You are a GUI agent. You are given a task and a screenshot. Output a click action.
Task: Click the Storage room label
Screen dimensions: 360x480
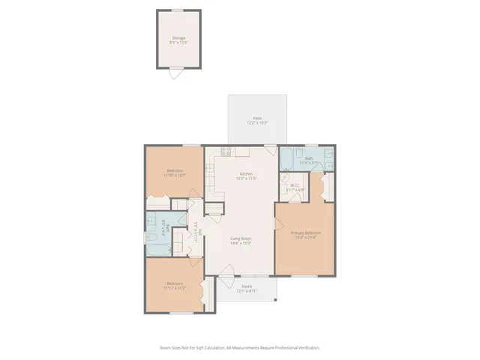point(178,39)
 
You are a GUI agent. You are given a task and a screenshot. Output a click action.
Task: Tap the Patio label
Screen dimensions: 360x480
point(257,121)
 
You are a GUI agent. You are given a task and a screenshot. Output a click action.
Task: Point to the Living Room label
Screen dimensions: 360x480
point(240,240)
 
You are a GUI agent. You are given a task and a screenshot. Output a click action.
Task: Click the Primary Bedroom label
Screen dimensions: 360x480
point(306,235)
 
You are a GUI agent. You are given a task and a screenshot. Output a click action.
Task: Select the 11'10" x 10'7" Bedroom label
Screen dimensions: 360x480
point(175,173)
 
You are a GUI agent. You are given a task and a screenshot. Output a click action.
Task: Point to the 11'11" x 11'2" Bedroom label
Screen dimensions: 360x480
point(174,285)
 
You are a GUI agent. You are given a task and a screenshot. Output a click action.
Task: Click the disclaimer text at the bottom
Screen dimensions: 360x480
point(240,348)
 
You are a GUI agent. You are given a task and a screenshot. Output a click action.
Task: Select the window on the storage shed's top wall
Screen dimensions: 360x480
point(177,10)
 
